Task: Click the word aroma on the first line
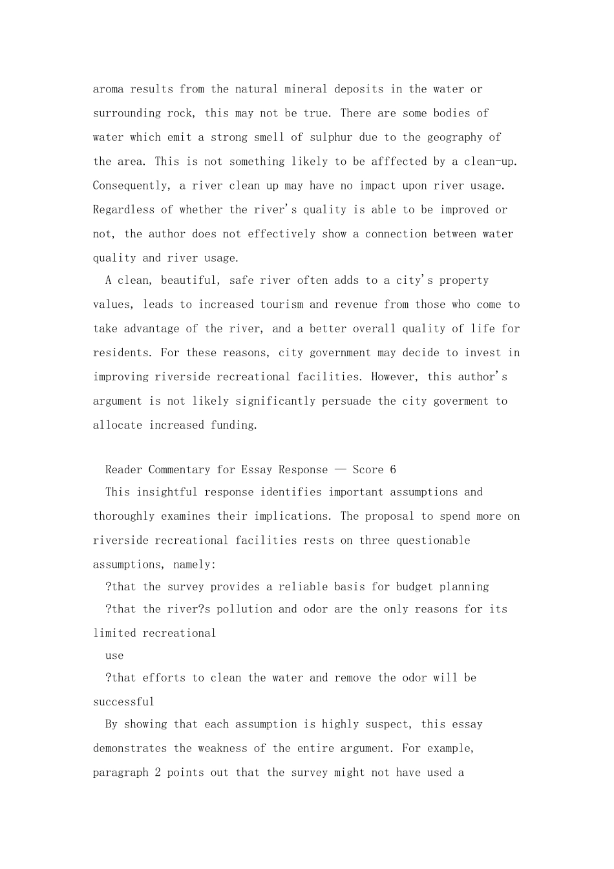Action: click(x=109, y=89)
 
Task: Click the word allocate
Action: click(x=118, y=425)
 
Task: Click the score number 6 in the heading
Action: click(x=393, y=470)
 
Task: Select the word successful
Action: click(x=123, y=702)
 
